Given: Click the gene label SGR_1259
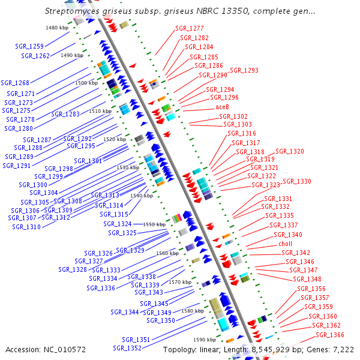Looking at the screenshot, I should [29, 46].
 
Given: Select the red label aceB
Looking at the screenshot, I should [222, 107].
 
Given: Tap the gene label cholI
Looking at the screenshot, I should [285, 244].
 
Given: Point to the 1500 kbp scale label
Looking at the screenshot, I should [86, 83].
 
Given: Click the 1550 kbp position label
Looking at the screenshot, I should [154, 224].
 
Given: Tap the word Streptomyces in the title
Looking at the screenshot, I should [71, 11].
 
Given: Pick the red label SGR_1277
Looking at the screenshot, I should [190, 28].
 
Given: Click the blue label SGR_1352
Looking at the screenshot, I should [127, 348].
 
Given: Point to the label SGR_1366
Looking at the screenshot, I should [330, 335].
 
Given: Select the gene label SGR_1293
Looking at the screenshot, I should [244, 70].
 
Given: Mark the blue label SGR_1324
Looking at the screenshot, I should [117, 224].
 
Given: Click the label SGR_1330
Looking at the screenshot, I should [297, 181].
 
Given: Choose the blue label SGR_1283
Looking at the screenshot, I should [65, 113].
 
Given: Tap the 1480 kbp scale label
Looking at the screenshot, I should [56, 28].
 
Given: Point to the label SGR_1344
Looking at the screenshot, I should [125, 312].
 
